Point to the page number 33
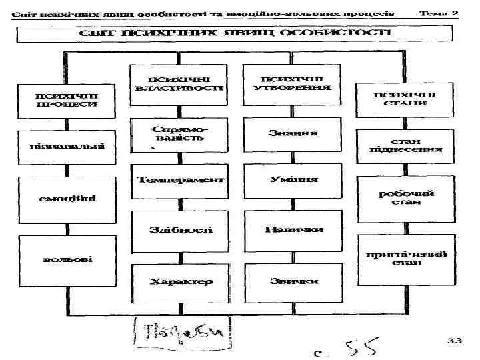(x=454, y=341)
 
